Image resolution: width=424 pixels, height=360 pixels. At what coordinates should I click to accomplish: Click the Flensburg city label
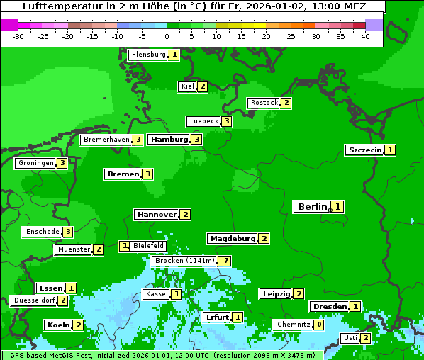click(x=148, y=55)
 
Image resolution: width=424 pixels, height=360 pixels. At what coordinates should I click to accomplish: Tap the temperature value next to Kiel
click(x=202, y=86)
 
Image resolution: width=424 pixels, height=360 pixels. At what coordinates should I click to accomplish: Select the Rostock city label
click(x=264, y=103)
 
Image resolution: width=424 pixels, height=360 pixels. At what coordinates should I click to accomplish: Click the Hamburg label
click(x=169, y=140)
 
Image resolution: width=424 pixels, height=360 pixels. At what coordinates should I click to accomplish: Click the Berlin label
click(x=312, y=207)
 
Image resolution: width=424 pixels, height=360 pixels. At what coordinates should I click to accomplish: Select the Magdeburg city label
click(x=232, y=239)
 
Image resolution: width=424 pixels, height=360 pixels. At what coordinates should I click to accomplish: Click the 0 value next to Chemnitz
click(x=319, y=325)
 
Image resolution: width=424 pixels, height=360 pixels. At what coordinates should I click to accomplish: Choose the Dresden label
click(x=329, y=307)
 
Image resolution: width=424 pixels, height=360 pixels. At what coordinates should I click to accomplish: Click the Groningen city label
click(x=35, y=163)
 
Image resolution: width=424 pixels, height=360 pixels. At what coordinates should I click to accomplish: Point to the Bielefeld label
click(x=149, y=246)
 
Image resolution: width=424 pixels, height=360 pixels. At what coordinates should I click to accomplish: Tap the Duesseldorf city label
click(x=34, y=300)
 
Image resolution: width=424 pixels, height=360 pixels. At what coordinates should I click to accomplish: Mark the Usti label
click(x=350, y=338)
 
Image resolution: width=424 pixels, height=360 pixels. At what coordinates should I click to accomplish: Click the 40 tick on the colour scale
click(x=365, y=36)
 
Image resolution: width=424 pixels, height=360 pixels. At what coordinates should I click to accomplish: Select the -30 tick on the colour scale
click(x=18, y=36)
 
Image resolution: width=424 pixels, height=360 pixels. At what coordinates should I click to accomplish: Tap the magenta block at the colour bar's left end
click(x=9, y=25)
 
